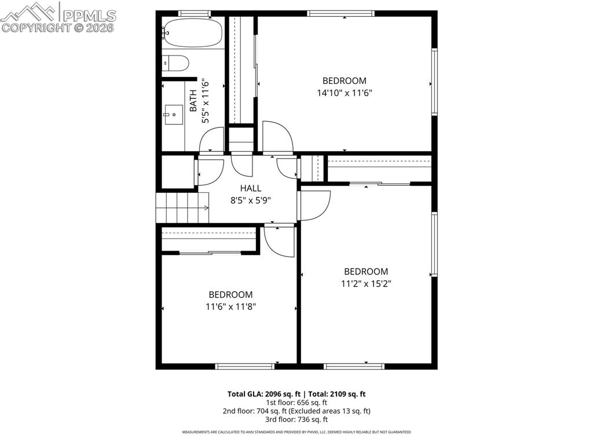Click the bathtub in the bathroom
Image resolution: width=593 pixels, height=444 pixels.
193,32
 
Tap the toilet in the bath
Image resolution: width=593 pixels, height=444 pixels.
175,63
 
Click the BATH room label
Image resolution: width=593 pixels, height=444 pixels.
193,101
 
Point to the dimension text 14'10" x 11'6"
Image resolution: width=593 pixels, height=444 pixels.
344,93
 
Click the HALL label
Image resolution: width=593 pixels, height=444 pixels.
251,188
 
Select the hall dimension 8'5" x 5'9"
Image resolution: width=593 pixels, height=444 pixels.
251,200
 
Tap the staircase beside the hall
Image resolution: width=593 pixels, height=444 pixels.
181,208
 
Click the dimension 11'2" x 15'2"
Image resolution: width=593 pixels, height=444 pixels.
366,284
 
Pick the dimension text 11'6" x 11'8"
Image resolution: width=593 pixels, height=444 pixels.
230,307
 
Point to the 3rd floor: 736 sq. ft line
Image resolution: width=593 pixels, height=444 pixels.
296,420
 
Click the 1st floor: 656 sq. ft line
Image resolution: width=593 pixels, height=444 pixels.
296,402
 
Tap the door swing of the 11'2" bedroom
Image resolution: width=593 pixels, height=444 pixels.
313,206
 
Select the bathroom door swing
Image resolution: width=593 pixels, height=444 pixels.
212,140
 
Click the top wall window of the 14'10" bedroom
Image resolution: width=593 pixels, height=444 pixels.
341,13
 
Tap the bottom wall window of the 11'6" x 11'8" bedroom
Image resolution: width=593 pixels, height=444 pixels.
244,366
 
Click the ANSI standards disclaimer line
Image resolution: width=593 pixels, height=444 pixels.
296,432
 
